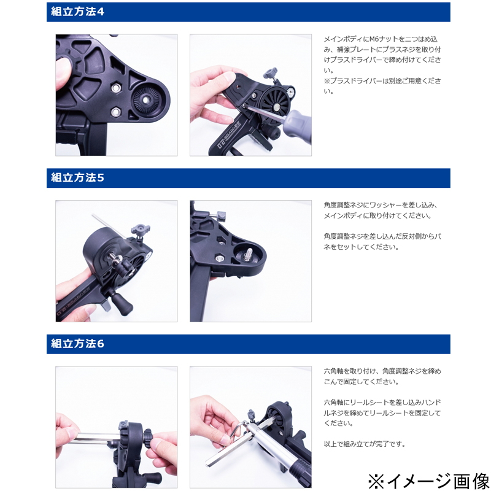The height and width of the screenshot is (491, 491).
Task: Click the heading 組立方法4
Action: (x=77, y=12)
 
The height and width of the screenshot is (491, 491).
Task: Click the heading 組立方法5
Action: (x=77, y=178)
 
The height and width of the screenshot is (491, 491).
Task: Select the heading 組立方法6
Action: (x=77, y=344)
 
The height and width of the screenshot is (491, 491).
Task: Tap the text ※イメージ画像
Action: (x=428, y=481)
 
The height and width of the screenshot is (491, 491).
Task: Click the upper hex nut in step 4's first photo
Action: (x=116, y=87)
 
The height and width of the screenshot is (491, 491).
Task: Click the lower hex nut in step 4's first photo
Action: (x=116, y=112)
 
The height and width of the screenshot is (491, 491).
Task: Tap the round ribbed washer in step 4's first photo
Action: (x=145, y=100)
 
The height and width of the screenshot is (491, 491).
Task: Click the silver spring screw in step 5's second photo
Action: (x=250, y=252)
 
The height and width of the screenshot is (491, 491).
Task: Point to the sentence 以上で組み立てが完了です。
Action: (x=365, y=444)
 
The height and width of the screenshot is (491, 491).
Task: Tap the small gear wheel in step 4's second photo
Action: (x=290, y=91)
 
